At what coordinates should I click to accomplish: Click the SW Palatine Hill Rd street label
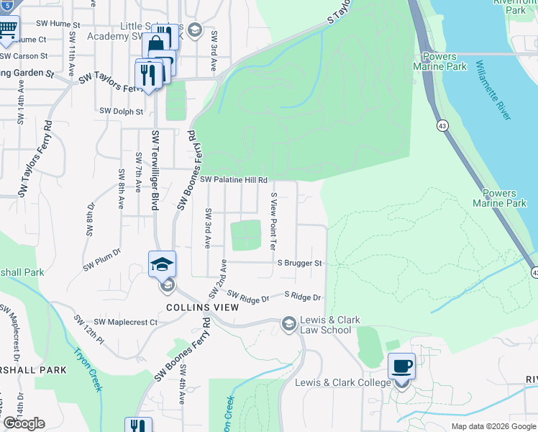[234, 179]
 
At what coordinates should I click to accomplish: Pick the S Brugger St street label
[299, 264]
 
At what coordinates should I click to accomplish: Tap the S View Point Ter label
[273, 221]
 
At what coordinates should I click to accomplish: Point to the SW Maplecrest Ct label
[126, 322]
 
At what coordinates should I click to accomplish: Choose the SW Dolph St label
[122, 112]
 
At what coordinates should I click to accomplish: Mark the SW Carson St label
[24, 55]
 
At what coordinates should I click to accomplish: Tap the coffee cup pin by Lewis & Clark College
[401, 366]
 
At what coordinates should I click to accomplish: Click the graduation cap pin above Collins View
[163, 264]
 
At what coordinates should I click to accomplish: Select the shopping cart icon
[7, 29]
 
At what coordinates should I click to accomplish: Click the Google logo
[24, 423]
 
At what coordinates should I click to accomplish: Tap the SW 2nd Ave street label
[219, 279]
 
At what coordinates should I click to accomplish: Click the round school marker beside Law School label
[289, 323]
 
